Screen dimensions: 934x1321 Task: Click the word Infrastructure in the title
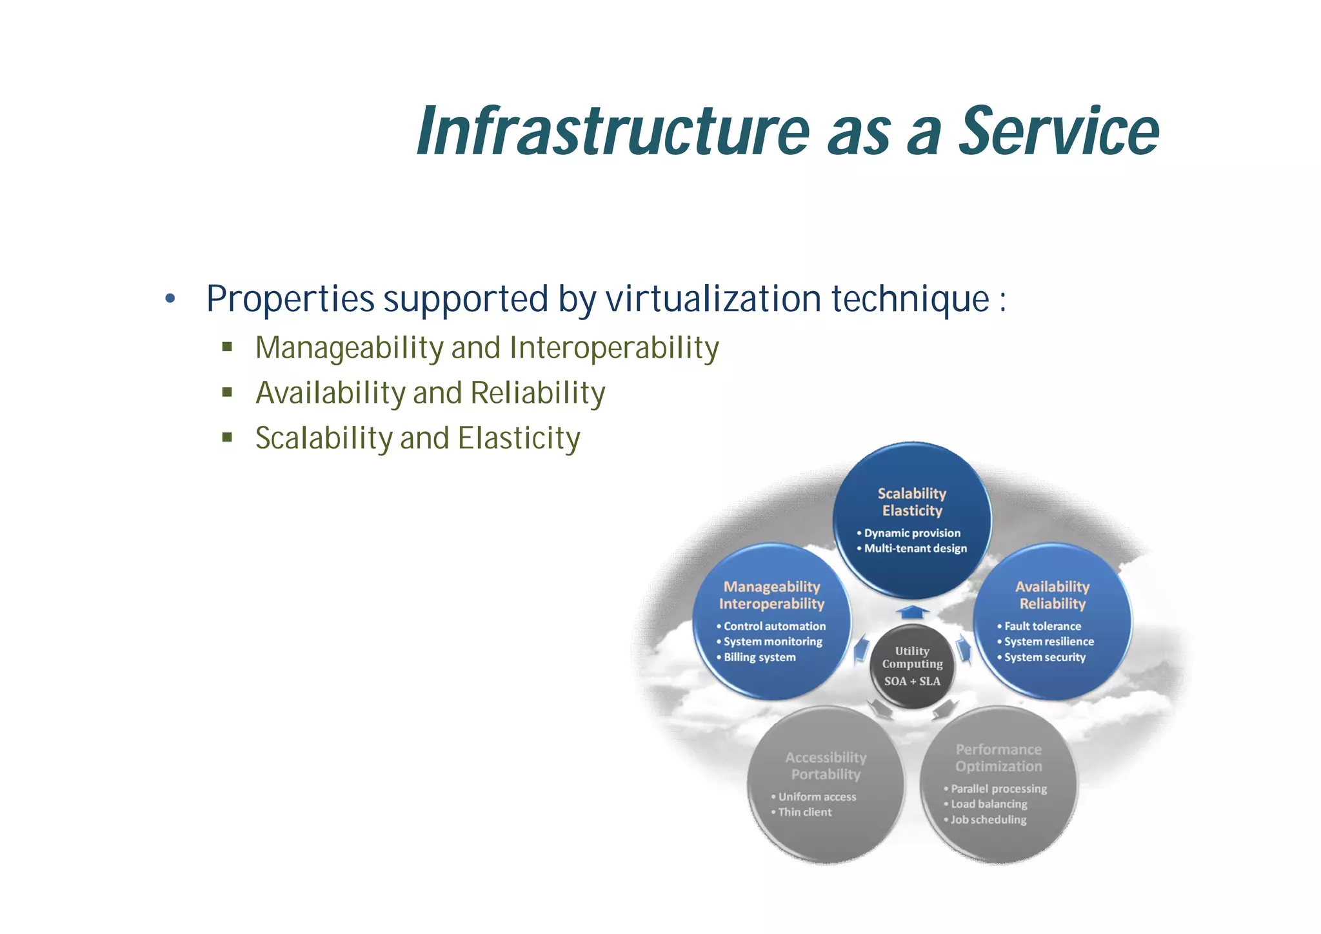[613, 132]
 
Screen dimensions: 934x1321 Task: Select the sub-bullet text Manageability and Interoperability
[487, 348]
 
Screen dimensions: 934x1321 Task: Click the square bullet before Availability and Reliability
[227, 392]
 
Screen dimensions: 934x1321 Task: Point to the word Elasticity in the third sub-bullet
[519, 438]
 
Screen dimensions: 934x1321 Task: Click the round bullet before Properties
[170, 299]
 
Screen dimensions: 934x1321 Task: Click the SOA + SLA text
[912, 681]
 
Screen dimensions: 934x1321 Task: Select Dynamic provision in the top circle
[912, 533]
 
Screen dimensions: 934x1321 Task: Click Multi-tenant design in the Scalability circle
[915, 549]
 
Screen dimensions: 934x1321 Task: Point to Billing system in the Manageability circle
[759, 657]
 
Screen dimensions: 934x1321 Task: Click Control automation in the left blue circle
[774, 626]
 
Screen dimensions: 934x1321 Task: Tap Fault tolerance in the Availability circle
[1042, 626]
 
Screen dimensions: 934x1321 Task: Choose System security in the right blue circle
[1044, 657]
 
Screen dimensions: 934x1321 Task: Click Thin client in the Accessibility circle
[804, 812]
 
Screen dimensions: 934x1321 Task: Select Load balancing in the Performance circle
[989, 804]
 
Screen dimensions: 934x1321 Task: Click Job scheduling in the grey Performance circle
[988, 820]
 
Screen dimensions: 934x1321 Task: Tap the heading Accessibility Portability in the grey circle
[826, 766]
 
